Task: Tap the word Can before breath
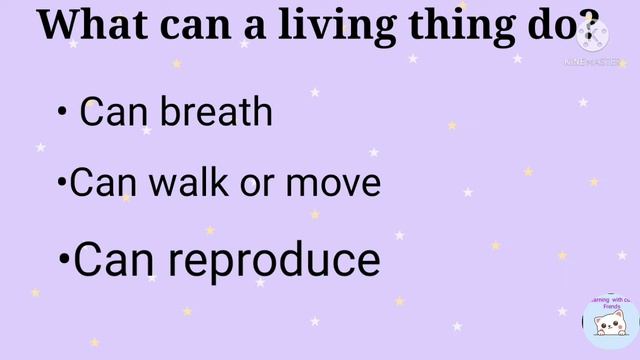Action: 110,111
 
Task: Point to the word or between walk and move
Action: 262,185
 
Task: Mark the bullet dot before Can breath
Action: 62,113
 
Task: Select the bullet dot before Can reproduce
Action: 65,262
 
